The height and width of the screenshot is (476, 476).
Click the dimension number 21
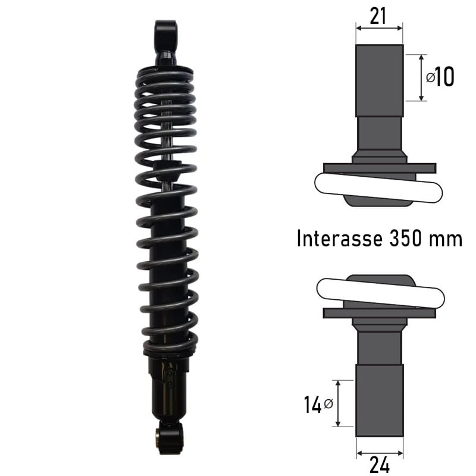(378, 16)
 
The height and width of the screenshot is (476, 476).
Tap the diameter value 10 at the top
(444, 77)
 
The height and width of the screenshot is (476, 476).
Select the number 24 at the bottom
(379, 464)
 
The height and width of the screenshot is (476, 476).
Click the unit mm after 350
(449, 240)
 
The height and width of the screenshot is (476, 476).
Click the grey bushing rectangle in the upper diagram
(380, 80)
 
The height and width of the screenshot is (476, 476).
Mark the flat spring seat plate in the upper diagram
(379, 168)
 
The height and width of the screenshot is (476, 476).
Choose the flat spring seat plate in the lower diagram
(379, 312)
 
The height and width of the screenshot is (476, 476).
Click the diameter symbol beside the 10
(430, 77)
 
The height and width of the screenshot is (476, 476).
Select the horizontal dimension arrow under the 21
(379, 27)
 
